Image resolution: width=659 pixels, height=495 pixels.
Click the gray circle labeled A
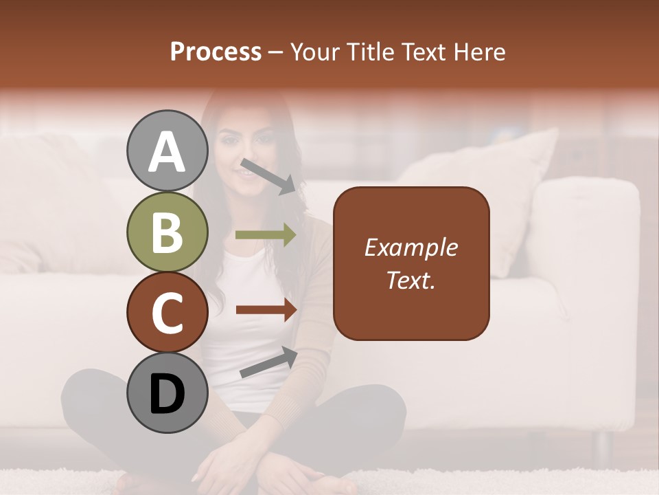tap(167, 151)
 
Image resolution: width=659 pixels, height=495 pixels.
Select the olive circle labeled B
tap(167, 232)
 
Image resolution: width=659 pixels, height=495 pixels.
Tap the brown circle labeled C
tap(167, 313)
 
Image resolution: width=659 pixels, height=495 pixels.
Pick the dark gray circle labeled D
tap(167, 393)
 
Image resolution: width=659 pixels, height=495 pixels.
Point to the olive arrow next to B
tap(265, 235)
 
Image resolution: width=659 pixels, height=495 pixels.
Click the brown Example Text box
tap(411, 263)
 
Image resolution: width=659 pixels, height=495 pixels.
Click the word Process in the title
tap(216, 52)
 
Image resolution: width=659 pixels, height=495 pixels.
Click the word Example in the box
tap(411, 247)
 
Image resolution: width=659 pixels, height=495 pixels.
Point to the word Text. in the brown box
tap(411, 280)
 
